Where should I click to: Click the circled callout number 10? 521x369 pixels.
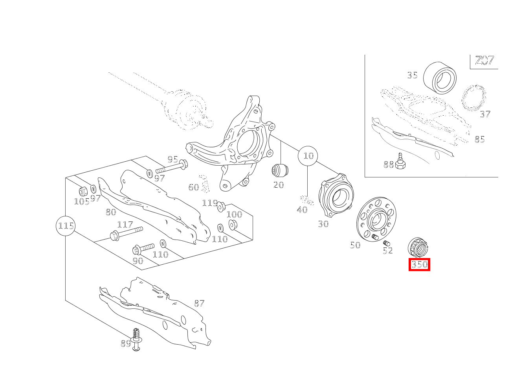pos(308,156)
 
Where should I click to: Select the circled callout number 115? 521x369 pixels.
pos(66,226)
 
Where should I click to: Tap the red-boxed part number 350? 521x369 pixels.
pos(419,264)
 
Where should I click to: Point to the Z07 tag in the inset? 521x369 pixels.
pos(485,61)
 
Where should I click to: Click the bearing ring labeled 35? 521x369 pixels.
pos(440,78)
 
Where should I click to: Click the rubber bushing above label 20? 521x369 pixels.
pos(280,170)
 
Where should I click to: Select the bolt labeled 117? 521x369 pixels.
pos(126,233)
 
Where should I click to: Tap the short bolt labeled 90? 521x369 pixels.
pos(143,248)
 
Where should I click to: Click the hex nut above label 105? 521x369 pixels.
pos(83,191)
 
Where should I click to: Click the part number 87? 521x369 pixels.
pos(199,303)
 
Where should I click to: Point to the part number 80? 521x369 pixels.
pos(111,212)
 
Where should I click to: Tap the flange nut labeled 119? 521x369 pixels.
pos(221,207)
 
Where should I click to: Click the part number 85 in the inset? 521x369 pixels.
pos(480,139)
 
